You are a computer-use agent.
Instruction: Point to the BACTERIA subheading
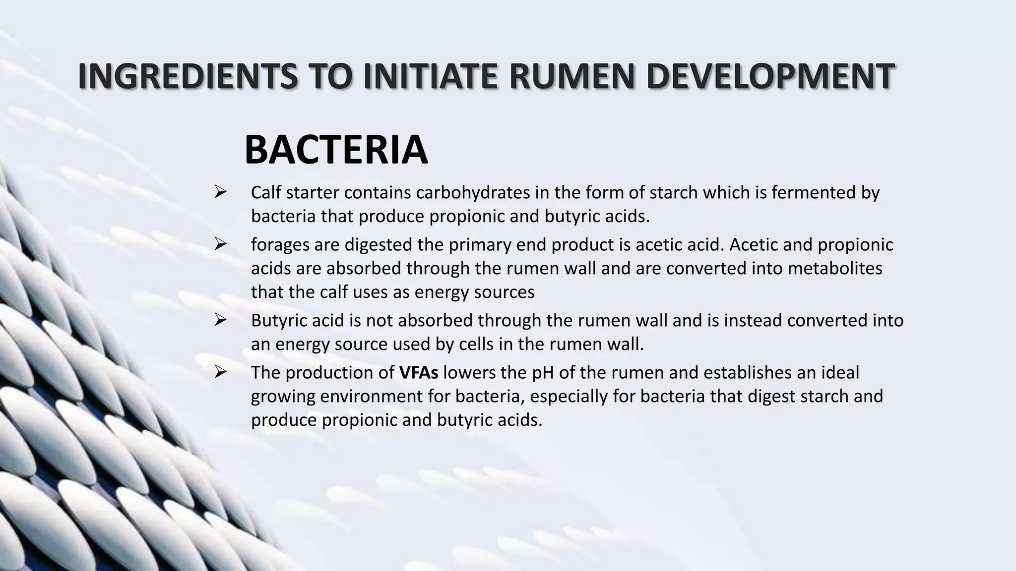pyautogui.click(x=336, y=150)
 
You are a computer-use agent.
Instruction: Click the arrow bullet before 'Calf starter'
pyautogui.click(x=220, y=192)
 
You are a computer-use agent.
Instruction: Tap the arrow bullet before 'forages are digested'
pyautogui.click(x=220, y=244)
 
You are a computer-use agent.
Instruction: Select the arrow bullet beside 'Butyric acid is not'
pyautogui.click(x=220, y=320)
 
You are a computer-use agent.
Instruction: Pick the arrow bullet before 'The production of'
pyautogui.click(x=220, y=372)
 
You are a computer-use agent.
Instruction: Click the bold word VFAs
pyautogui.click(x=419, y=372)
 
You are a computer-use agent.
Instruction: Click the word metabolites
pyautogui.click(x=835, y=268)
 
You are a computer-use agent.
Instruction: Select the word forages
pyautogui.click(x=279, y=245)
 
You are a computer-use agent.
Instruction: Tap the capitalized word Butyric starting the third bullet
pyautogui.click(x=279, y=321)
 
